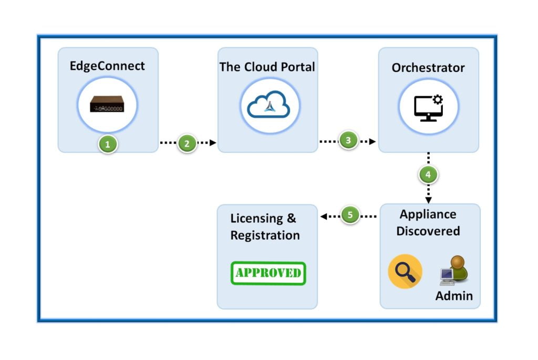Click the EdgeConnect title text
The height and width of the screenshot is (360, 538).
pos(107,66)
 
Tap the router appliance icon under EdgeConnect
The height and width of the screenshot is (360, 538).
pos(107,105)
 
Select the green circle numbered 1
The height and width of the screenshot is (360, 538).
pos(108,144)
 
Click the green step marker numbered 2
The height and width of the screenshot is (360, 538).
pos(187,143)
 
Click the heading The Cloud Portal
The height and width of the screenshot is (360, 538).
pos(267,67)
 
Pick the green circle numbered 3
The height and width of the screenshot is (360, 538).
pos(347,141)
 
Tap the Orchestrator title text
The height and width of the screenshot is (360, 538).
pos(428,68)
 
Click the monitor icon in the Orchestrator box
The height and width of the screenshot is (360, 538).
pos(427,108)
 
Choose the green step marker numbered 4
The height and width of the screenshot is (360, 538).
pos(428,175)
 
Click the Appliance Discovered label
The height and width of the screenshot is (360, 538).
pos(428,223)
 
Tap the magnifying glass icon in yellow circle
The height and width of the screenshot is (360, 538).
pos(405,271)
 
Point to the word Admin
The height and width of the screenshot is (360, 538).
pos(454,296)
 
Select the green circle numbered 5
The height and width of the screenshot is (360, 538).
pos(350,215)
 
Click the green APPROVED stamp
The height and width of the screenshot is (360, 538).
pos(268,273)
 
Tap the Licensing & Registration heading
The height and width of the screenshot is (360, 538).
pos(265,227)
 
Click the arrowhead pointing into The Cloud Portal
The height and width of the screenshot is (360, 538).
pos(213,143)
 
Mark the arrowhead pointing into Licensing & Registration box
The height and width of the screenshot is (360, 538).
pos(323,216)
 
